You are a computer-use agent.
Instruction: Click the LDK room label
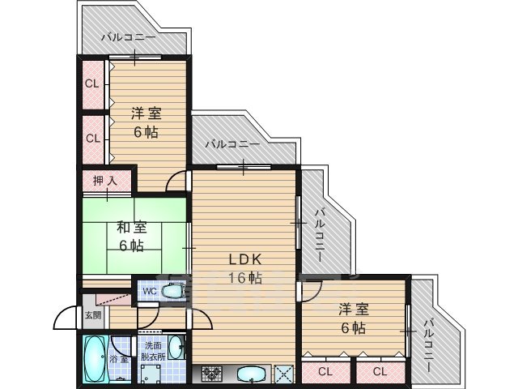pos(243,260)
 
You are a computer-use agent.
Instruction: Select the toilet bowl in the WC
pos(172,292)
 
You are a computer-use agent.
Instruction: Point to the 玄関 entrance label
pos(92,315)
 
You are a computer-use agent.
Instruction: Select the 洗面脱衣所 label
pos(152,350)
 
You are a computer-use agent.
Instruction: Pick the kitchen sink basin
pos(252,374)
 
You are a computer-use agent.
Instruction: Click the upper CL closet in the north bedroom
pos(92,83)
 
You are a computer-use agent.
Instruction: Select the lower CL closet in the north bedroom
pos(92,138)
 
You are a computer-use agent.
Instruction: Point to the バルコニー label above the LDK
pos(231,144)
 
